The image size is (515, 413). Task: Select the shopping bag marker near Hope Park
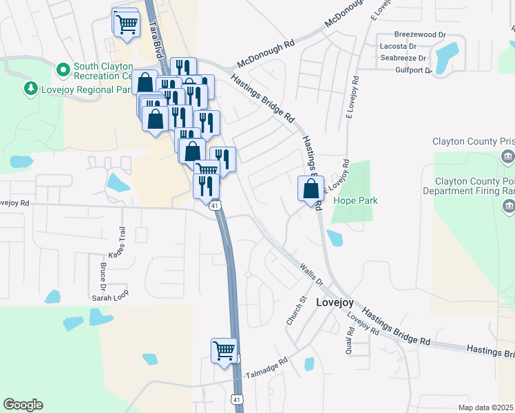[311, 188]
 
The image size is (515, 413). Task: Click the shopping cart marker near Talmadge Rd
[224, 350]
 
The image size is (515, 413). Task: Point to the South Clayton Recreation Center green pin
[63, 70]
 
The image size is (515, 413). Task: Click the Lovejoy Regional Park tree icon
[30, 88]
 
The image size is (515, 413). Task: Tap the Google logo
[23, 405]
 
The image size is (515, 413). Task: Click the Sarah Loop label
[111, 298]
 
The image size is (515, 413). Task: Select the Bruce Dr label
[103, 275]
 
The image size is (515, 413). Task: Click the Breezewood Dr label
[420, 34]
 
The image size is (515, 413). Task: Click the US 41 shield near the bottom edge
[237, 399]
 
